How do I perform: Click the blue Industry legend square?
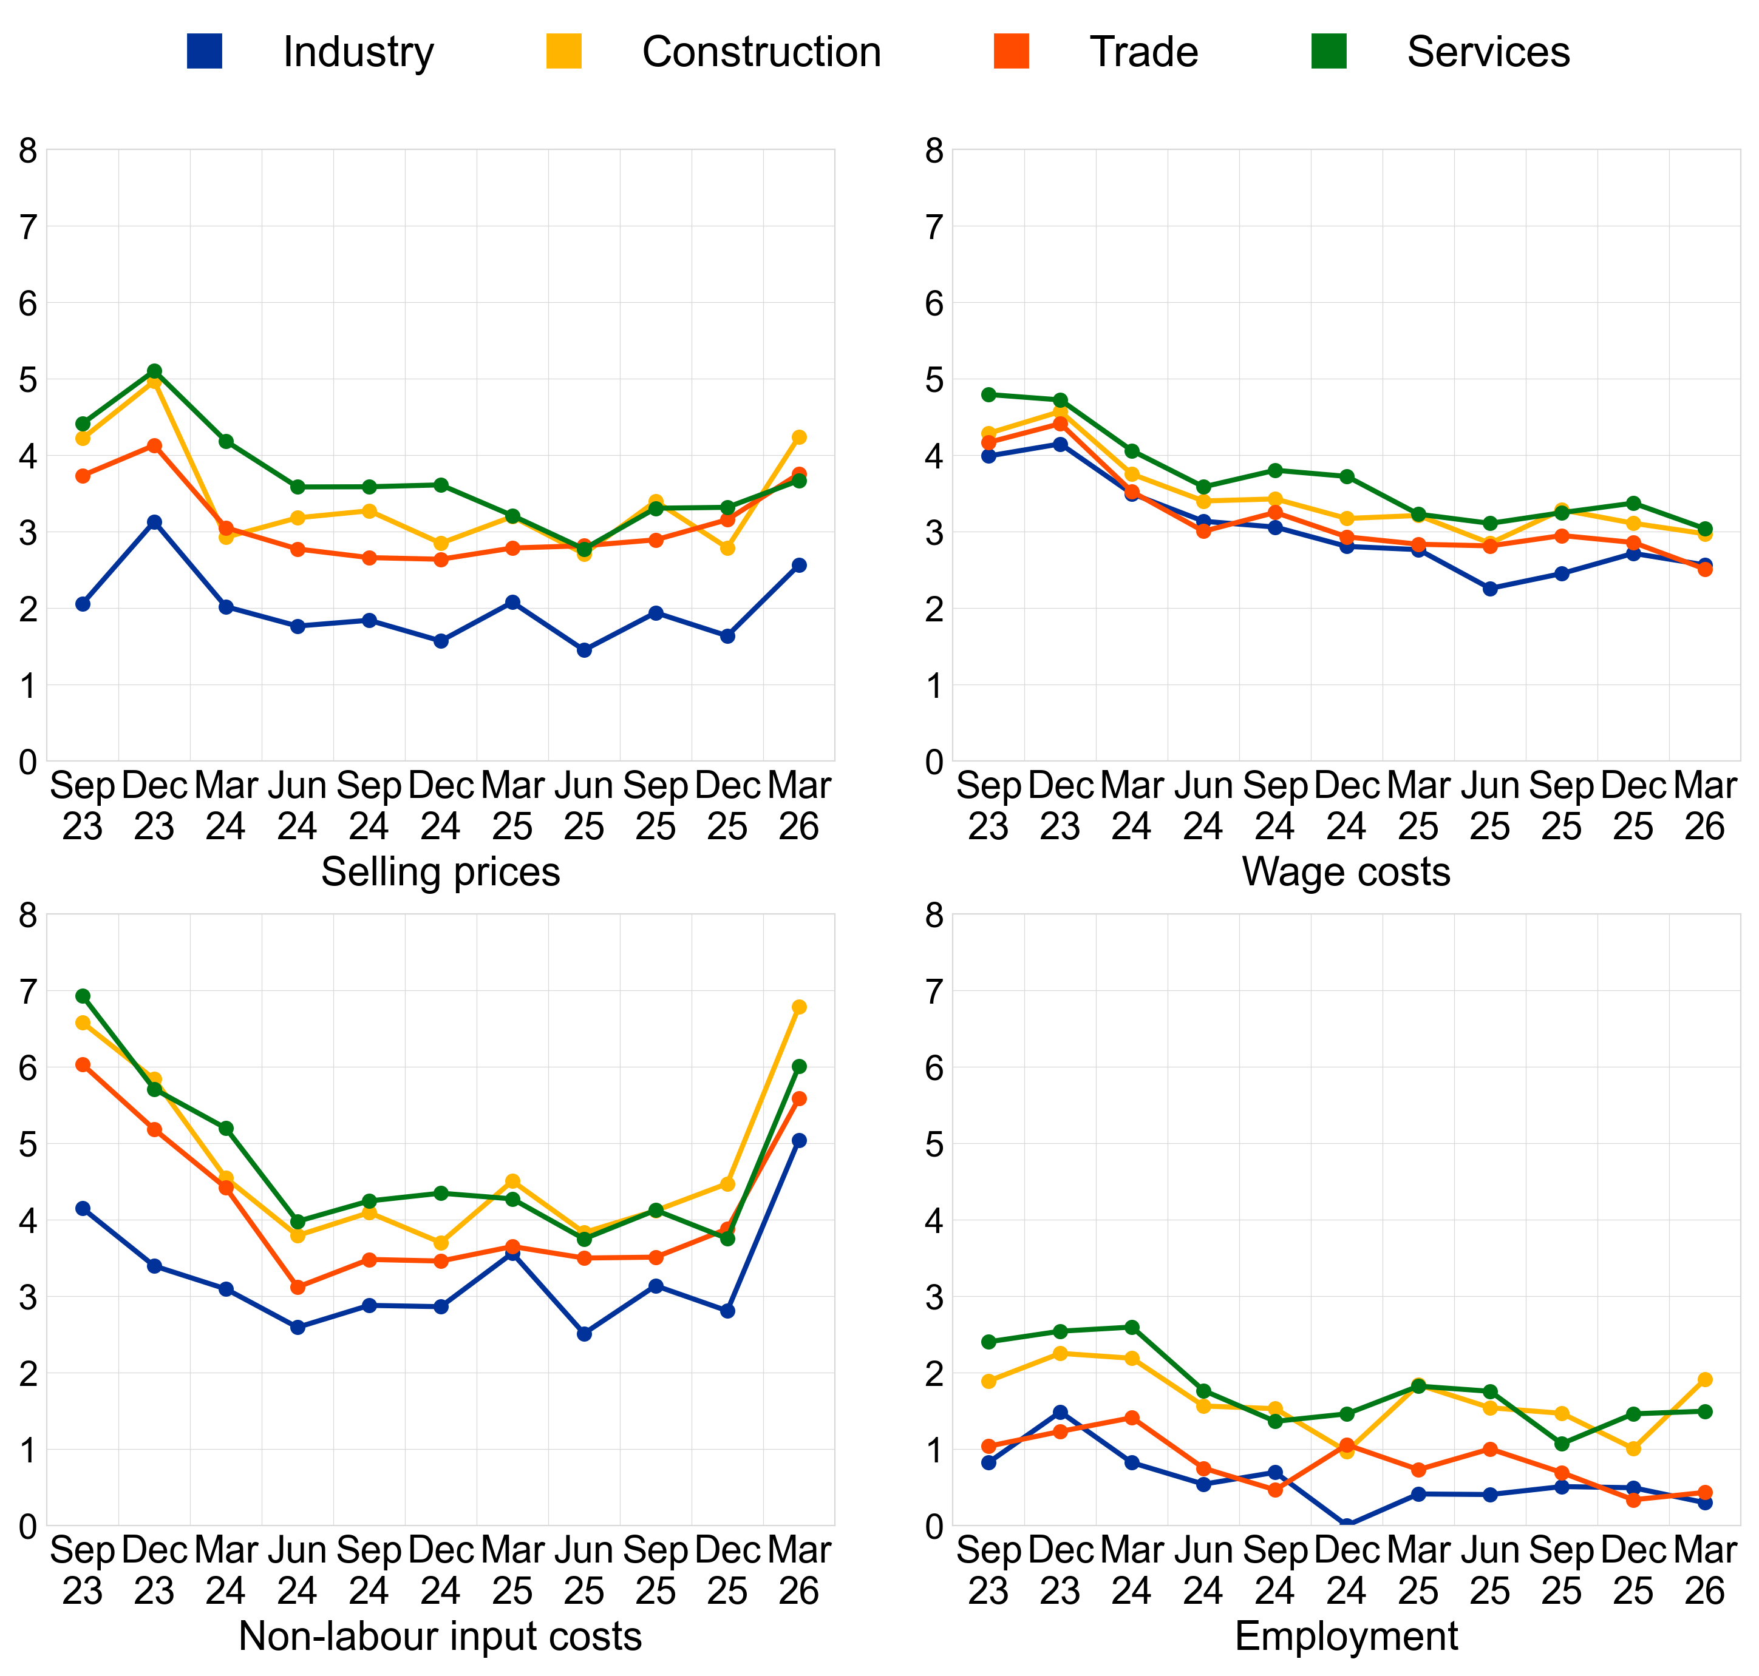pos(204,51)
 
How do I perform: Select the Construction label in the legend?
pos(761,52)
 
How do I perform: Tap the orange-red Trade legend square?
pos(1011,51)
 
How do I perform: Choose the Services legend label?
pos(1488,52)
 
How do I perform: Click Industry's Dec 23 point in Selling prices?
pos(155,522)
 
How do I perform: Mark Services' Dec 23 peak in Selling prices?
pos(155,371)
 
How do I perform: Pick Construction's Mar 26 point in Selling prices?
pos(799,437)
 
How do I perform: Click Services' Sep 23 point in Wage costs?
pos(988,394)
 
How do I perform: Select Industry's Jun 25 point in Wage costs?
pos(1490,589)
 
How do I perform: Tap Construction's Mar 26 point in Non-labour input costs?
pos(799,1007)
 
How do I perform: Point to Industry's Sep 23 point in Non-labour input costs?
pos(83,1208)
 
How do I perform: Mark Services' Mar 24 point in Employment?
pos(1132,1326)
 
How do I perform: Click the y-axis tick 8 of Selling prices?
pos(28,150)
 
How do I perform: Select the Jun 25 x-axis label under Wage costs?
pos(1490,806)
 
